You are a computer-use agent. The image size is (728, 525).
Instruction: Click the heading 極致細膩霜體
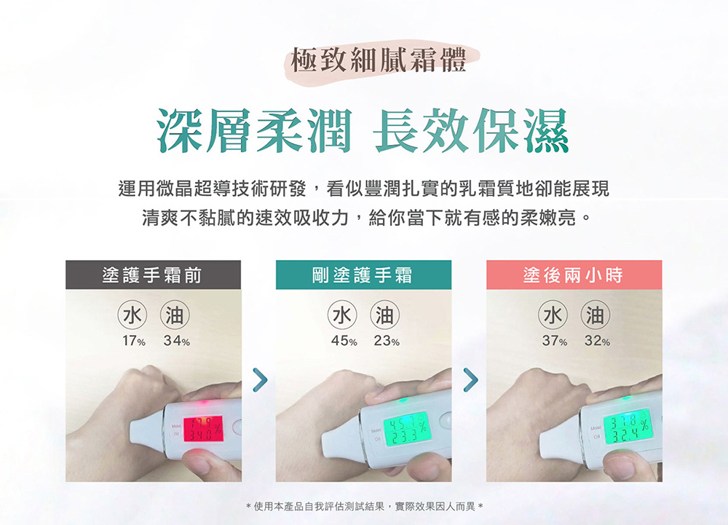click(378, 59)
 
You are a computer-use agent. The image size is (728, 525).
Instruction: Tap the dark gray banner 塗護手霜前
click(153, 275)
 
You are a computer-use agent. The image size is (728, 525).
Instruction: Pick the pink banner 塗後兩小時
click(574, 275)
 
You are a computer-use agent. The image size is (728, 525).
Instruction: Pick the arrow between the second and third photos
click(470, 379)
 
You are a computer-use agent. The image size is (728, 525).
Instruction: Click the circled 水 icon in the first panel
click(132, 315)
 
